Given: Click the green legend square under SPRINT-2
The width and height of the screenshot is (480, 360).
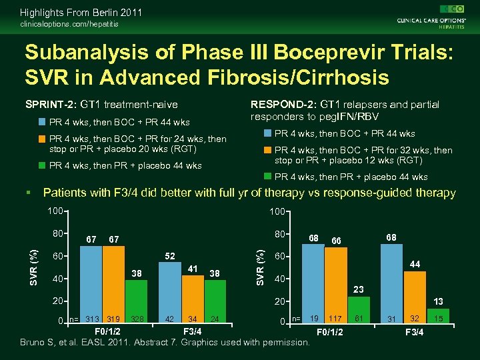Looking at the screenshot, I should point(41,165).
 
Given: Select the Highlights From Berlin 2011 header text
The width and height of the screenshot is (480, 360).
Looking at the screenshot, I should point(81,13).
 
